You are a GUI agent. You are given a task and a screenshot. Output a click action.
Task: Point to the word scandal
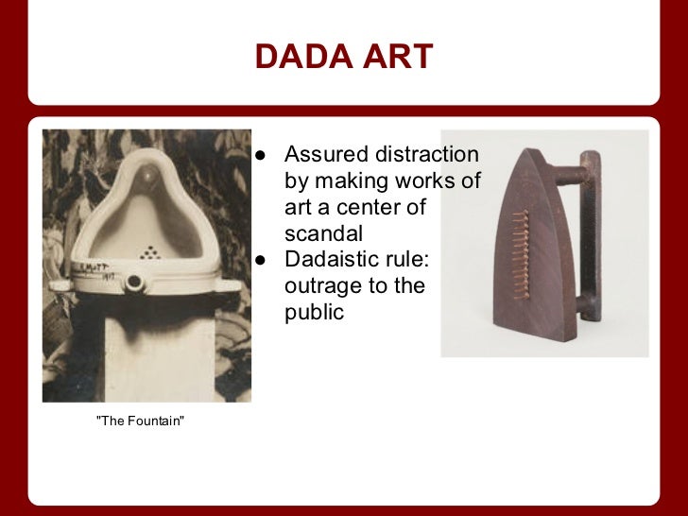click(323, 232)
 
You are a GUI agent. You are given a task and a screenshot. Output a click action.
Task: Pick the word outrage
click(319, 285)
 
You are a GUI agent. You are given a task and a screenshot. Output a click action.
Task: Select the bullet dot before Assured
click(261, 155)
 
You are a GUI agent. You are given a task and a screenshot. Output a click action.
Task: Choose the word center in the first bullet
click(388, 206)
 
